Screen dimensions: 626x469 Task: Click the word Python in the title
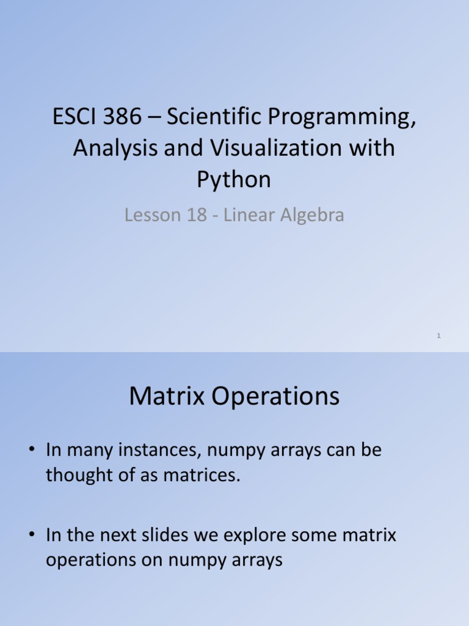pos(234,180)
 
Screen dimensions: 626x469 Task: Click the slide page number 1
pos(439,336)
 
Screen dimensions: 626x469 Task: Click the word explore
pos(257,536)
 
